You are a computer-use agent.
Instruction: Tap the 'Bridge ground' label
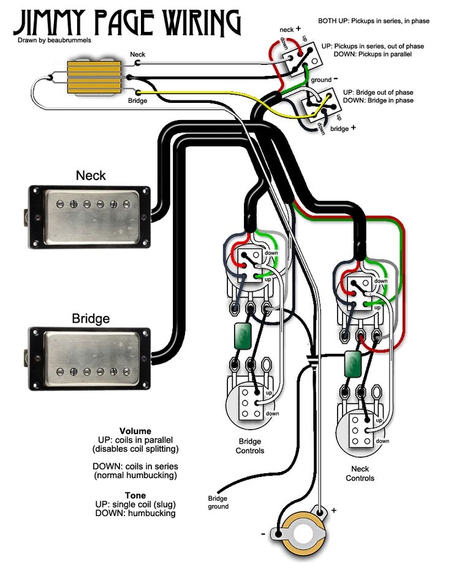[x=218, y=502]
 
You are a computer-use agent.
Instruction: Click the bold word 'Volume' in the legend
[x=135, y=431]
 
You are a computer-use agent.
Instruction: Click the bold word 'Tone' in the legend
[x=135, y=495]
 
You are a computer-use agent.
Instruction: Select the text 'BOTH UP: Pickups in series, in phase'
[x=373, y=21]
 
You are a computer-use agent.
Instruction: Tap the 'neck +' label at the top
[x=290, y=29]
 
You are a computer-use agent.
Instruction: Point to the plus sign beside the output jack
[x=334, y=509]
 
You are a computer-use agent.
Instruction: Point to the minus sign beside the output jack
[x=264, y=534]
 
